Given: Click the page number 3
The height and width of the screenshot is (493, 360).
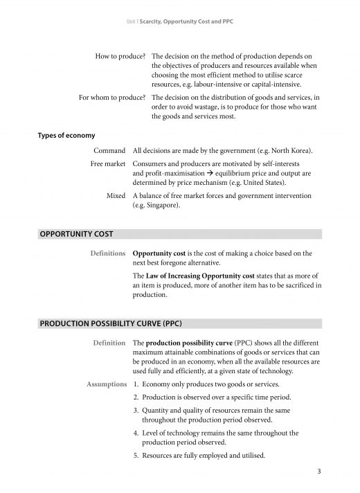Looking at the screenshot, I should (x=318, y=472).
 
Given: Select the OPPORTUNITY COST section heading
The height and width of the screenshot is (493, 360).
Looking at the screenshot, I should (x=76, y=234).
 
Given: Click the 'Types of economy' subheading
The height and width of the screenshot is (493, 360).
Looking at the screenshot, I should (x=66, y=135).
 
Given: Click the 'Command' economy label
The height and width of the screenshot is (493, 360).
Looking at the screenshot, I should (x=109, y=151).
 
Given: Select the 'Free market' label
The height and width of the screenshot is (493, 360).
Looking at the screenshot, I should (x=108, y=164).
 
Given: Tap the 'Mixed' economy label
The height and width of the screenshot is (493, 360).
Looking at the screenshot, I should (x=116, y=197).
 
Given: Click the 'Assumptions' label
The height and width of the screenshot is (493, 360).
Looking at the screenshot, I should (x=105, y=384).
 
